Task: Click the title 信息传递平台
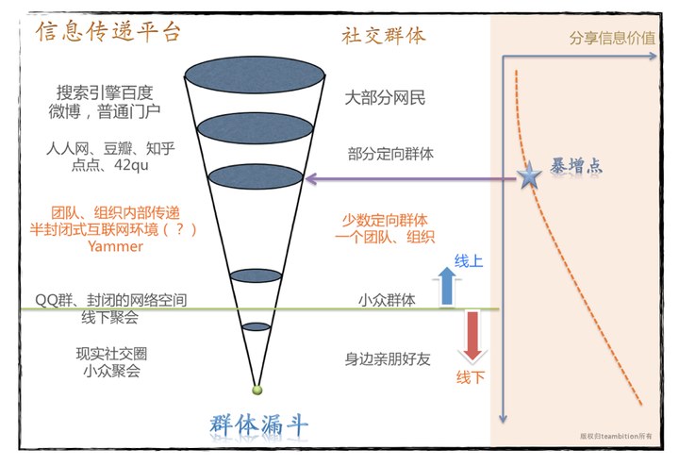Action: (x=108, y=34)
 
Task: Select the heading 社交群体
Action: (x=384, y=36)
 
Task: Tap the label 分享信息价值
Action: (x=612, y=39)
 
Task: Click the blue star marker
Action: (x=531, y=175)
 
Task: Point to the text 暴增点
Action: (x=576, y=167)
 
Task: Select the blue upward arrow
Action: (x=445, y=284)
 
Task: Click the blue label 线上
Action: (x=469, y=261)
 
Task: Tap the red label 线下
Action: (x=471, y=377)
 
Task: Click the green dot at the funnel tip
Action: (x=257, y=390)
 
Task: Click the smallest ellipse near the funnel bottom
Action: (x=257, y=326)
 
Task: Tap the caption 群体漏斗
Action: (x=258, y=424)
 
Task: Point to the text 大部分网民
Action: (x=386, y=97)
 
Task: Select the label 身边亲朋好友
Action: (x=388, y=358)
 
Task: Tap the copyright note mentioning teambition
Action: (x=617, y=436)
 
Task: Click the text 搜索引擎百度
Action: (x=105, y=93)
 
